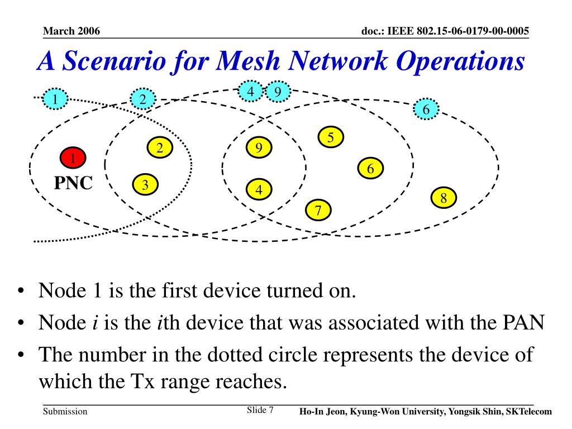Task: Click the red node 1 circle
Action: pyautogui.click(x=73, y=158)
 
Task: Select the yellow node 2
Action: pyautogui.click(x=160, y=148)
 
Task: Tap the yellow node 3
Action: pyautogui.click(x=145, y=185)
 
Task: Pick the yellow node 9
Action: pyautogui.click(x=259, y=147)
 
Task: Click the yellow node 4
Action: pyautogui.click(x=259, y=190)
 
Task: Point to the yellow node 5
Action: pyautogui.click(x=331, y=137)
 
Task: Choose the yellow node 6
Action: pyautogui.click(x=370, y=169)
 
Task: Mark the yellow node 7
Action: pyautogui.click(x=318, y=211)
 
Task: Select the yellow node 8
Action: pyautogui.click(x=444, y=198)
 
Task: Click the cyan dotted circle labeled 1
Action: pyautogui.click(x=55, y=99)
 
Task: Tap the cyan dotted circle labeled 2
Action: pyautogui.click(x=143, y=99)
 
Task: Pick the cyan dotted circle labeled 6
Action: pyautogui.click(x=426, y=109)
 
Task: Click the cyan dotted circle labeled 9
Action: pyautogui.click(x=278, y=91)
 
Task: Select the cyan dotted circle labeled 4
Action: pyautogui.click(x=251, y=90)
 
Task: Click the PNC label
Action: pyautogui.click(x=73, y=183)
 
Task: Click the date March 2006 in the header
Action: pyautogui.click(x=71, y=31)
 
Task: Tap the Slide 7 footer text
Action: pyautogui.click(x=260, y=411)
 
